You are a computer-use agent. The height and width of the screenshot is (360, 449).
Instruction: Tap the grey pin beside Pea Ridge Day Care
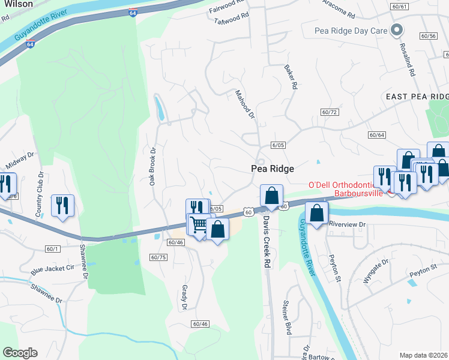396,29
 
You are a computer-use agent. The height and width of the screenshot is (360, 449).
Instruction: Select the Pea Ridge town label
272,169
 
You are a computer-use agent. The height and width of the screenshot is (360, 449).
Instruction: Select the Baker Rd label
290,77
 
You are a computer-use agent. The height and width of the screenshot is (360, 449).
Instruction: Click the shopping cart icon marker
199,225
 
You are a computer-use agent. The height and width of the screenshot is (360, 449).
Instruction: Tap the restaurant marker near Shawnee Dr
62,205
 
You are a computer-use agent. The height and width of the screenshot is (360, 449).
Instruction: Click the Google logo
20,353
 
